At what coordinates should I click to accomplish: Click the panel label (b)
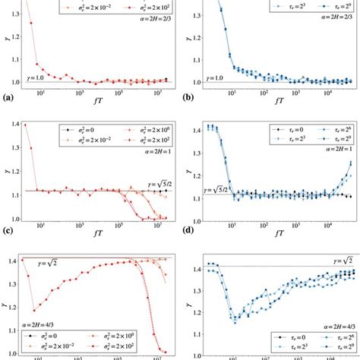pyautogui.click(x=190, y=98)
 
